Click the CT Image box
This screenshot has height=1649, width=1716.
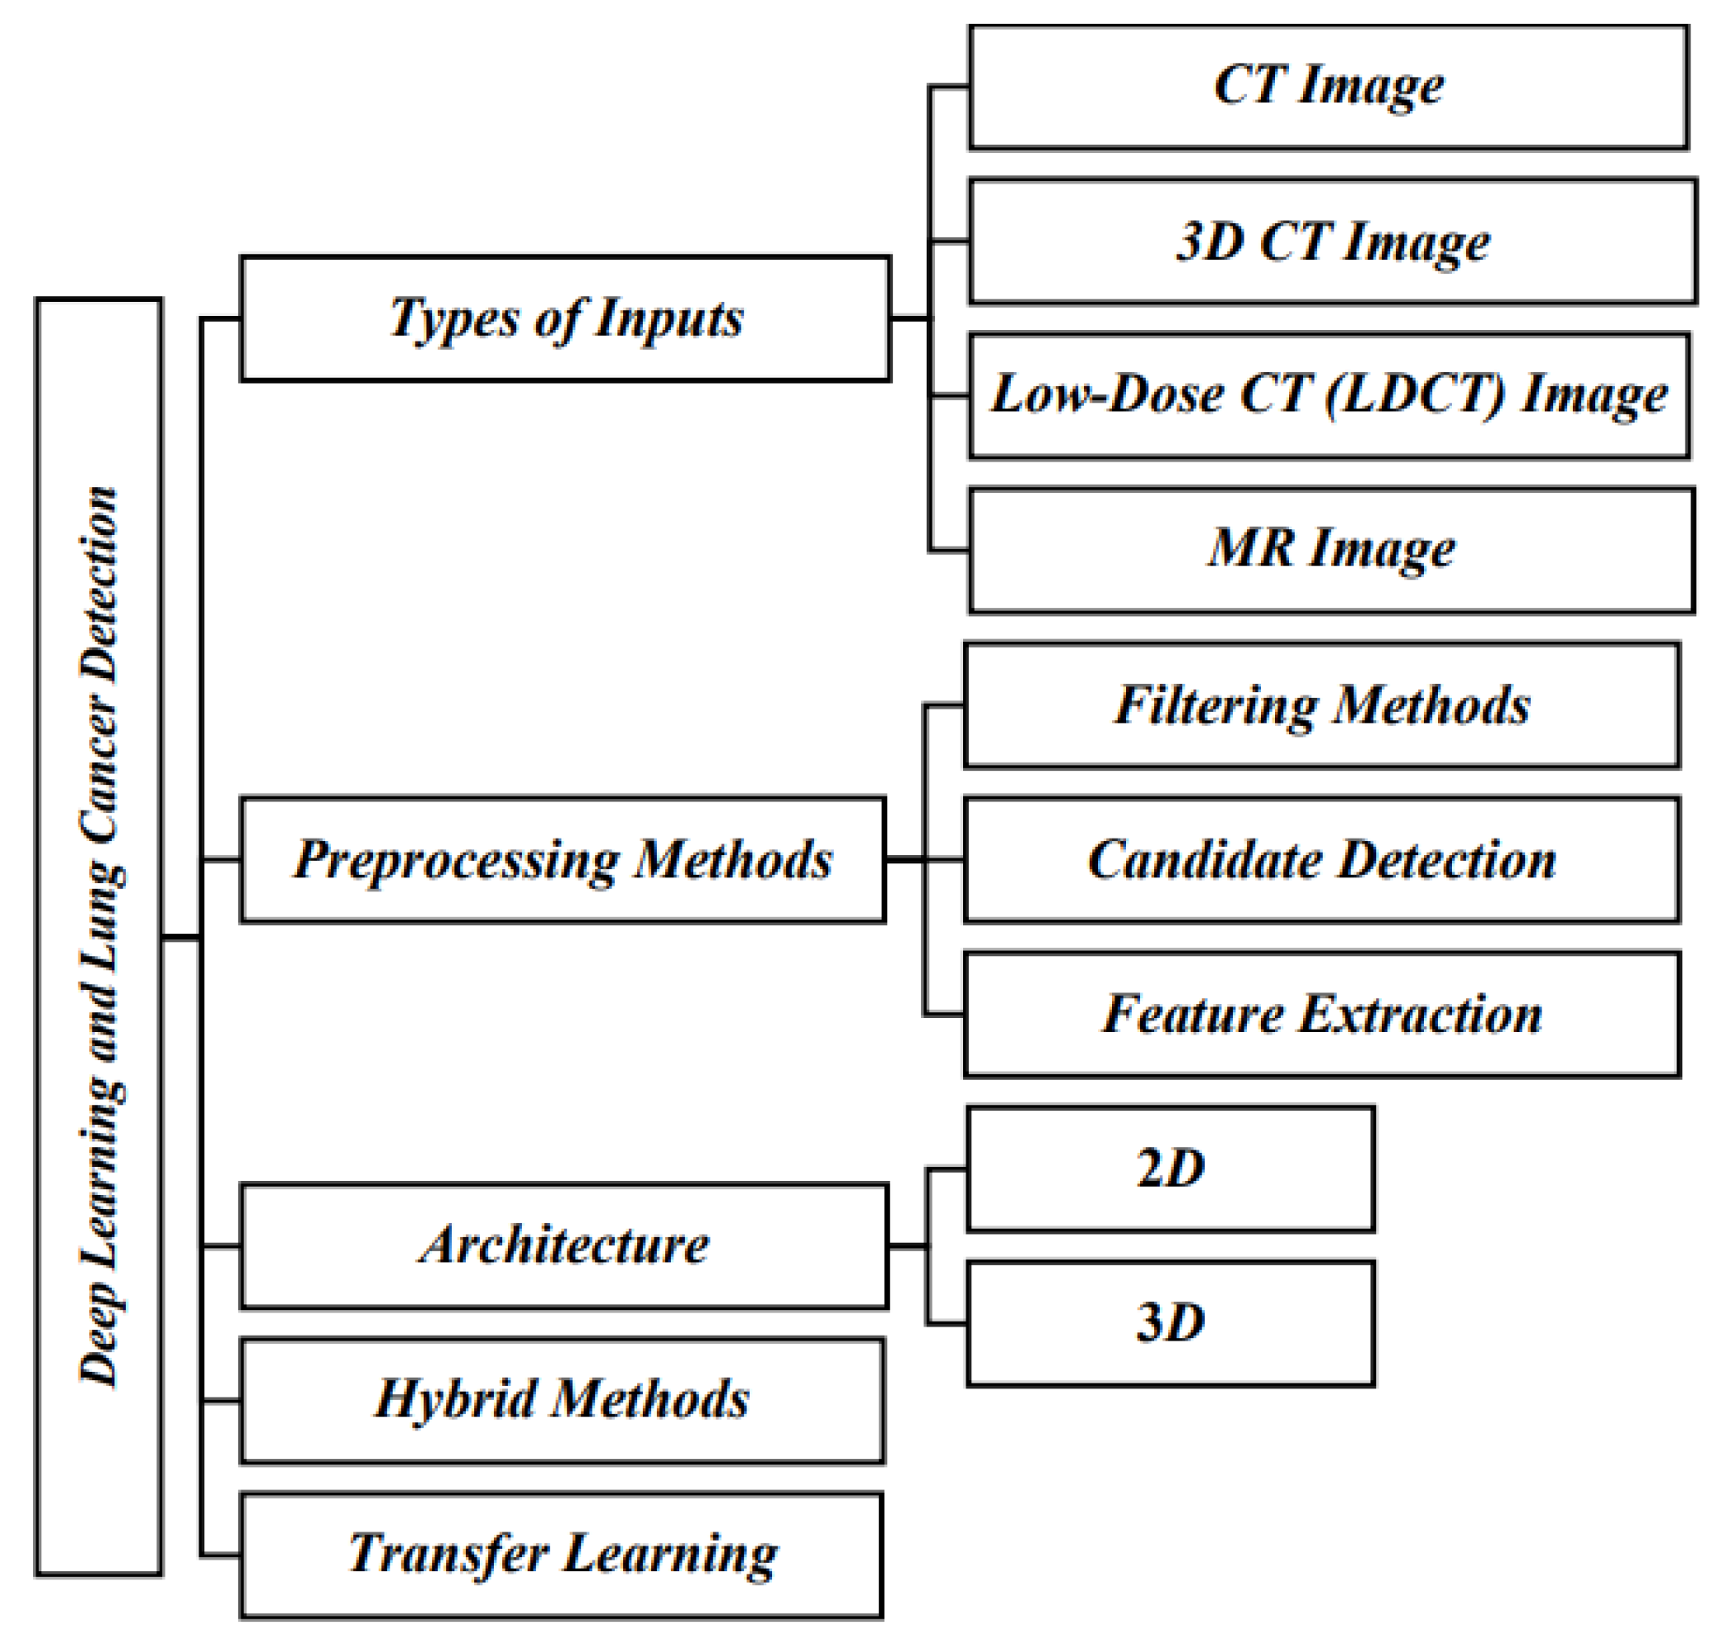tap(1328, 88)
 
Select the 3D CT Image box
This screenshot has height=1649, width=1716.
tap(1333, 241)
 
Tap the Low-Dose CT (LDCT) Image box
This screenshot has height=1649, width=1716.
tap(1328, 395)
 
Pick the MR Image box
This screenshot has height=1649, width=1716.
tap(1331, 551)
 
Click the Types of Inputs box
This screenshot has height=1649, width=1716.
tap(566, 318)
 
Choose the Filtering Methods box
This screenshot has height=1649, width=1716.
tap(1322, 705)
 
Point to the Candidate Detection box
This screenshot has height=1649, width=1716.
tap(1322, 859)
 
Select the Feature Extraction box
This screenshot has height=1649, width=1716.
tap(1322, 1015)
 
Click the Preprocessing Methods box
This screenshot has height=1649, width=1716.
tap(563, 859)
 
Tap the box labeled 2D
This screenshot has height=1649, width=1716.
tap(1171, 1169)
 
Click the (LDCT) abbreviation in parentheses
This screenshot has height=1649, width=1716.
tap(1416, 395)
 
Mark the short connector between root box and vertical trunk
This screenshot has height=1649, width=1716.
tap(182, 939)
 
